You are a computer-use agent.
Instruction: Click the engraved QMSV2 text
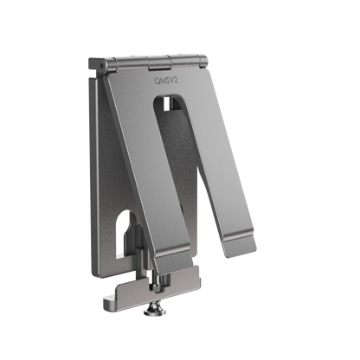click(x=166, y=80)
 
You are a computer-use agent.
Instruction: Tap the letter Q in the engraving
click(x=157, y=81)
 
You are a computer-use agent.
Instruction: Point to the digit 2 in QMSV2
click(x=176, y=80)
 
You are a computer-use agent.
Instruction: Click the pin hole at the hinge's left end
click(x=101, y=66)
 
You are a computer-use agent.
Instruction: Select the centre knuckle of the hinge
click(x=159, y=62)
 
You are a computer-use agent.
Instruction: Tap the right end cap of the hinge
click(x=203, y=61)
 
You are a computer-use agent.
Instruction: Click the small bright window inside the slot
click(x=167, y=104)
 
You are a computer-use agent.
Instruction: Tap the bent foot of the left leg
click(x=173, y=258)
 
